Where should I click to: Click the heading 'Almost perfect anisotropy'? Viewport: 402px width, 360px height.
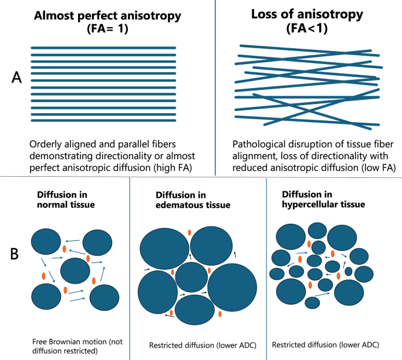point(103,17)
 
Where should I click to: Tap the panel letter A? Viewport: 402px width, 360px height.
point(18,80)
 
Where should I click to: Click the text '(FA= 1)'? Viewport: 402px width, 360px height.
point(103,31)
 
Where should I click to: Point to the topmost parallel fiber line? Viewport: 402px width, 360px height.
point(103,48)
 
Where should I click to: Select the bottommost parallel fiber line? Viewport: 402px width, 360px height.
point(103,121)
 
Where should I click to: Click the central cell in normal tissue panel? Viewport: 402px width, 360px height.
point(75,270)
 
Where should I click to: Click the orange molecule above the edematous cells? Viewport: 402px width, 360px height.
point(189,233)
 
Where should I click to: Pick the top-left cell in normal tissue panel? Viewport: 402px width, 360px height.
point(46,243)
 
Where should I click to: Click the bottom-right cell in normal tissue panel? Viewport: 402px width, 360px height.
point(104,298)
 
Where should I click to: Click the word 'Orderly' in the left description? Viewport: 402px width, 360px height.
point(46,144)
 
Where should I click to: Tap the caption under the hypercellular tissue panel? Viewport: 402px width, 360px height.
point(325,344)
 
